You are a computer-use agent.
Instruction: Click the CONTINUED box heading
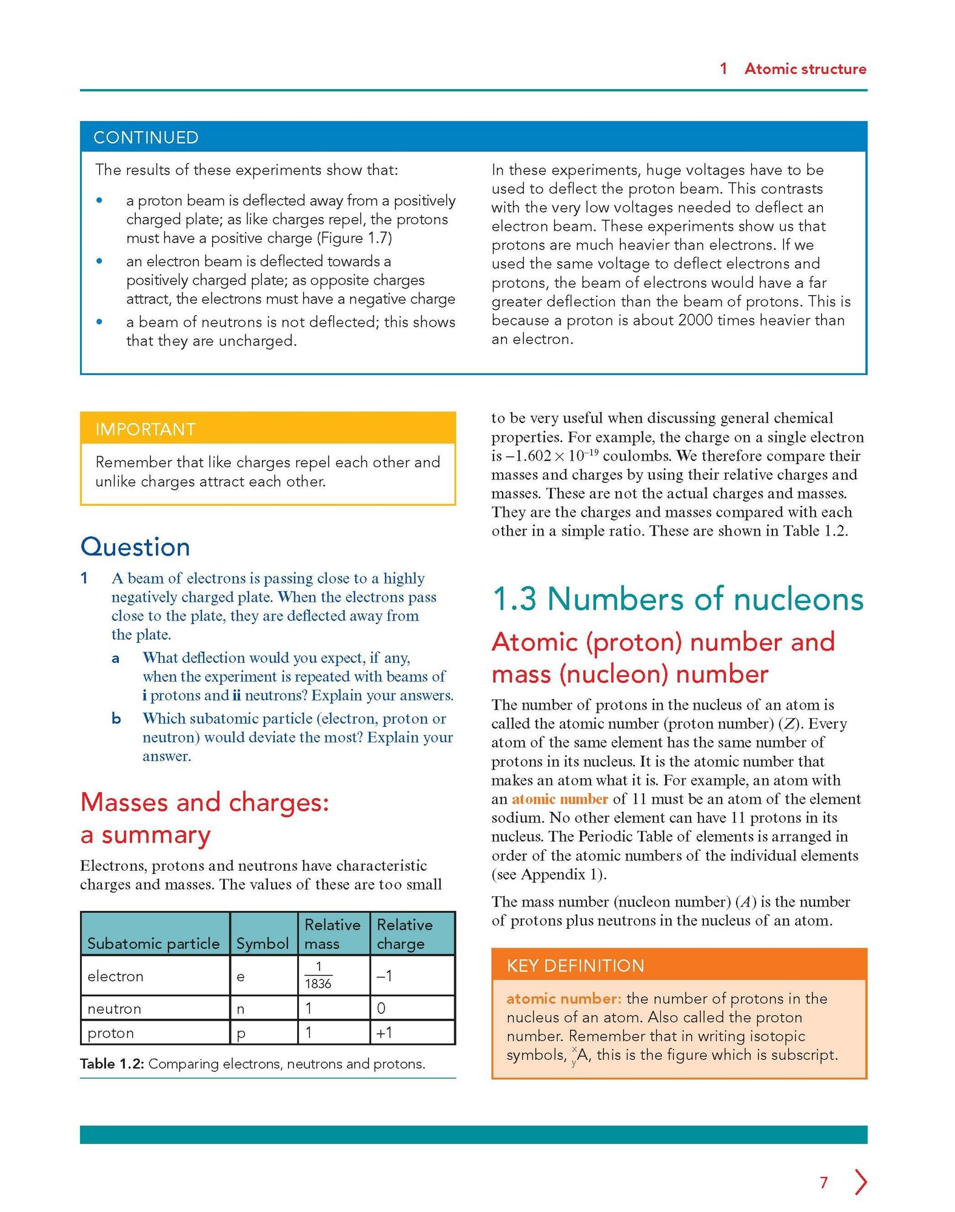[146, 138]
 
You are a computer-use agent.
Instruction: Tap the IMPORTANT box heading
[146, 430]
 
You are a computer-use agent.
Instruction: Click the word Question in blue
[135, 547]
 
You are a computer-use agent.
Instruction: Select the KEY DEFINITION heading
[575, 965]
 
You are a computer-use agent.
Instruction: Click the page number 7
[823, 1182]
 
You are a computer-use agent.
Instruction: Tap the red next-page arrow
[861, 1182]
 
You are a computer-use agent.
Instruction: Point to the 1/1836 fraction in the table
[318, 975]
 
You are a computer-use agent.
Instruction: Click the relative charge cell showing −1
[384, 976]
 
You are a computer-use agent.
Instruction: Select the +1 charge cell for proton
[384, 1033]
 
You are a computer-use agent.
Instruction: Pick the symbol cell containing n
[241, 1009]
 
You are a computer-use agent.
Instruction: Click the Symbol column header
[263, 944]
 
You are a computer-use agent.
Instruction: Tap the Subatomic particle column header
[153, 944]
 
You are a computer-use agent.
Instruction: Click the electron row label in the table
[115, 976]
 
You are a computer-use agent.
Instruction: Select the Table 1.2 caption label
[112, 1064]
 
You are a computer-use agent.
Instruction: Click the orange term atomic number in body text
[560, 799]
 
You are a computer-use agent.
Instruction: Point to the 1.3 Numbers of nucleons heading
[678, 599]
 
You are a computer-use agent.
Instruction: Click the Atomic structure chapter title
[805, 69]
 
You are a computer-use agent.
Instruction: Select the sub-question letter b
[116, 719]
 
